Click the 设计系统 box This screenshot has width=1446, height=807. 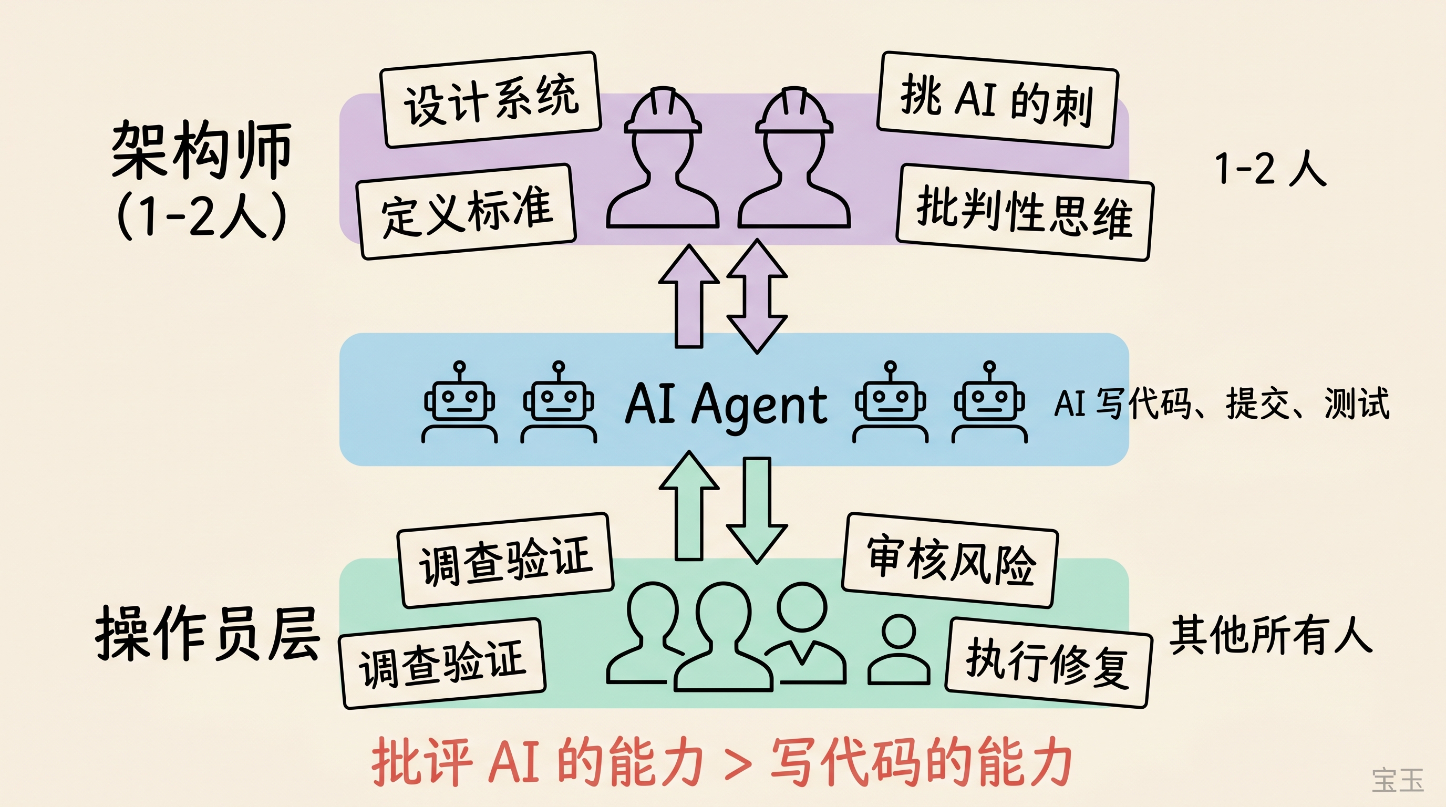491,99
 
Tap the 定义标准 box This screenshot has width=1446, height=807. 467,211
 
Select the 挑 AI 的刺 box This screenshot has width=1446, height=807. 997,100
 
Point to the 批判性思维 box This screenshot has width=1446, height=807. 1025,212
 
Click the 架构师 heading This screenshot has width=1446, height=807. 201,150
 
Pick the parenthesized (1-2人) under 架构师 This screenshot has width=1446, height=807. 201,215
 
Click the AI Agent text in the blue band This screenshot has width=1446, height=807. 726,404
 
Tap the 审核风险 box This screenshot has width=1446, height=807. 951,560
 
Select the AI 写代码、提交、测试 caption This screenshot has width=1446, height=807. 1222,403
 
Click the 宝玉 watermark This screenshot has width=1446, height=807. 1398,780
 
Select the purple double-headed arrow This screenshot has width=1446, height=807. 757,296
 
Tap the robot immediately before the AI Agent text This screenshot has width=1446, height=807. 559,403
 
